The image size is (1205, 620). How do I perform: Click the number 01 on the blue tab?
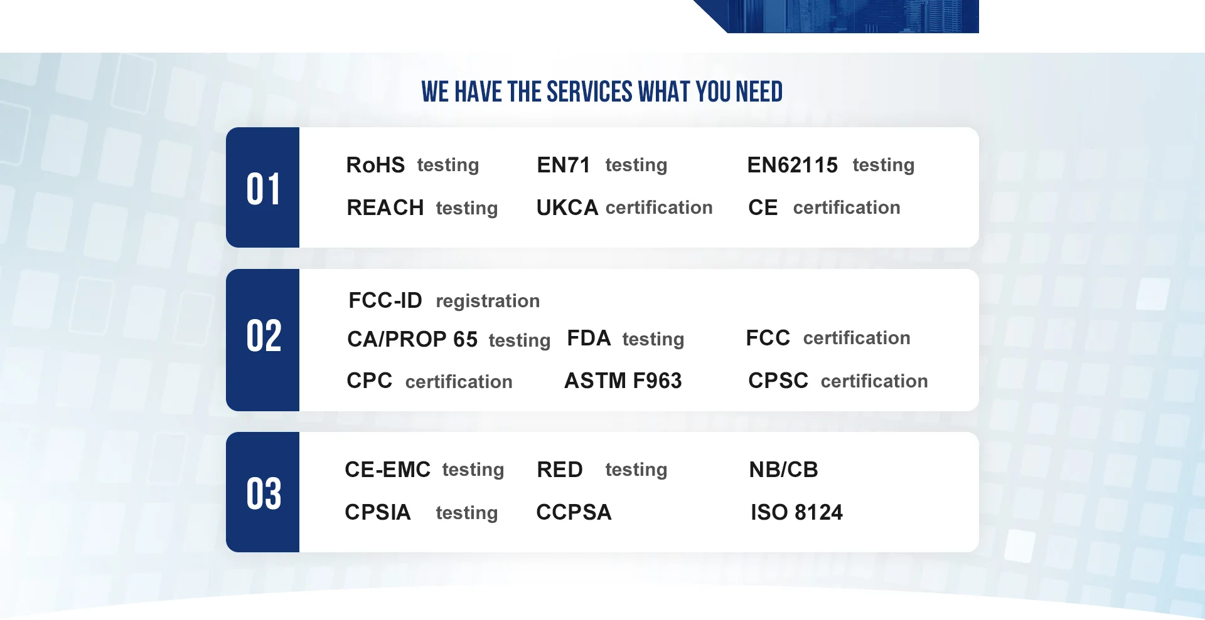tap(263, 189)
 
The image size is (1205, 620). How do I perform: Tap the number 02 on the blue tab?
tap(264, 336)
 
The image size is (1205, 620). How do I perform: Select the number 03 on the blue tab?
tap(264, 494)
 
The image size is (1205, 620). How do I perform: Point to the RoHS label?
tap(375, 165)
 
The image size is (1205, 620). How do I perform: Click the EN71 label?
tap(564, 165)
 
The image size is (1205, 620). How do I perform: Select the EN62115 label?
tap(792, 165)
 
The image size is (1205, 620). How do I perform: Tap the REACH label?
tap(385, 208)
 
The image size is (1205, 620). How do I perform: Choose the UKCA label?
tap(567, 208)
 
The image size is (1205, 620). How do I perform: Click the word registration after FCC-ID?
tap(488, 302)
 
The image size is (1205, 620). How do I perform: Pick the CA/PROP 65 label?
tap(412, 339)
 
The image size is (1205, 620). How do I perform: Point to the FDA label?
tap(589, 338)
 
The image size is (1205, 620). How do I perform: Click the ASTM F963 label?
tap(623, 381)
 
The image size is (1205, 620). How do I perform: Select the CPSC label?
tap(778, 381)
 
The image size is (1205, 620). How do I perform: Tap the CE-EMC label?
tap(388, 470)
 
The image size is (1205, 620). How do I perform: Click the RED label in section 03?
tap(560, 470)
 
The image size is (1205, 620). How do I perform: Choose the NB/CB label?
tap(784, 470)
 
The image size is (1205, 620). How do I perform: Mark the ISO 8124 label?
tap(797, 512)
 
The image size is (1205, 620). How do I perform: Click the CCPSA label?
tap(574, 512)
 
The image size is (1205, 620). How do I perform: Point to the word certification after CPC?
tap(459, 382)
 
